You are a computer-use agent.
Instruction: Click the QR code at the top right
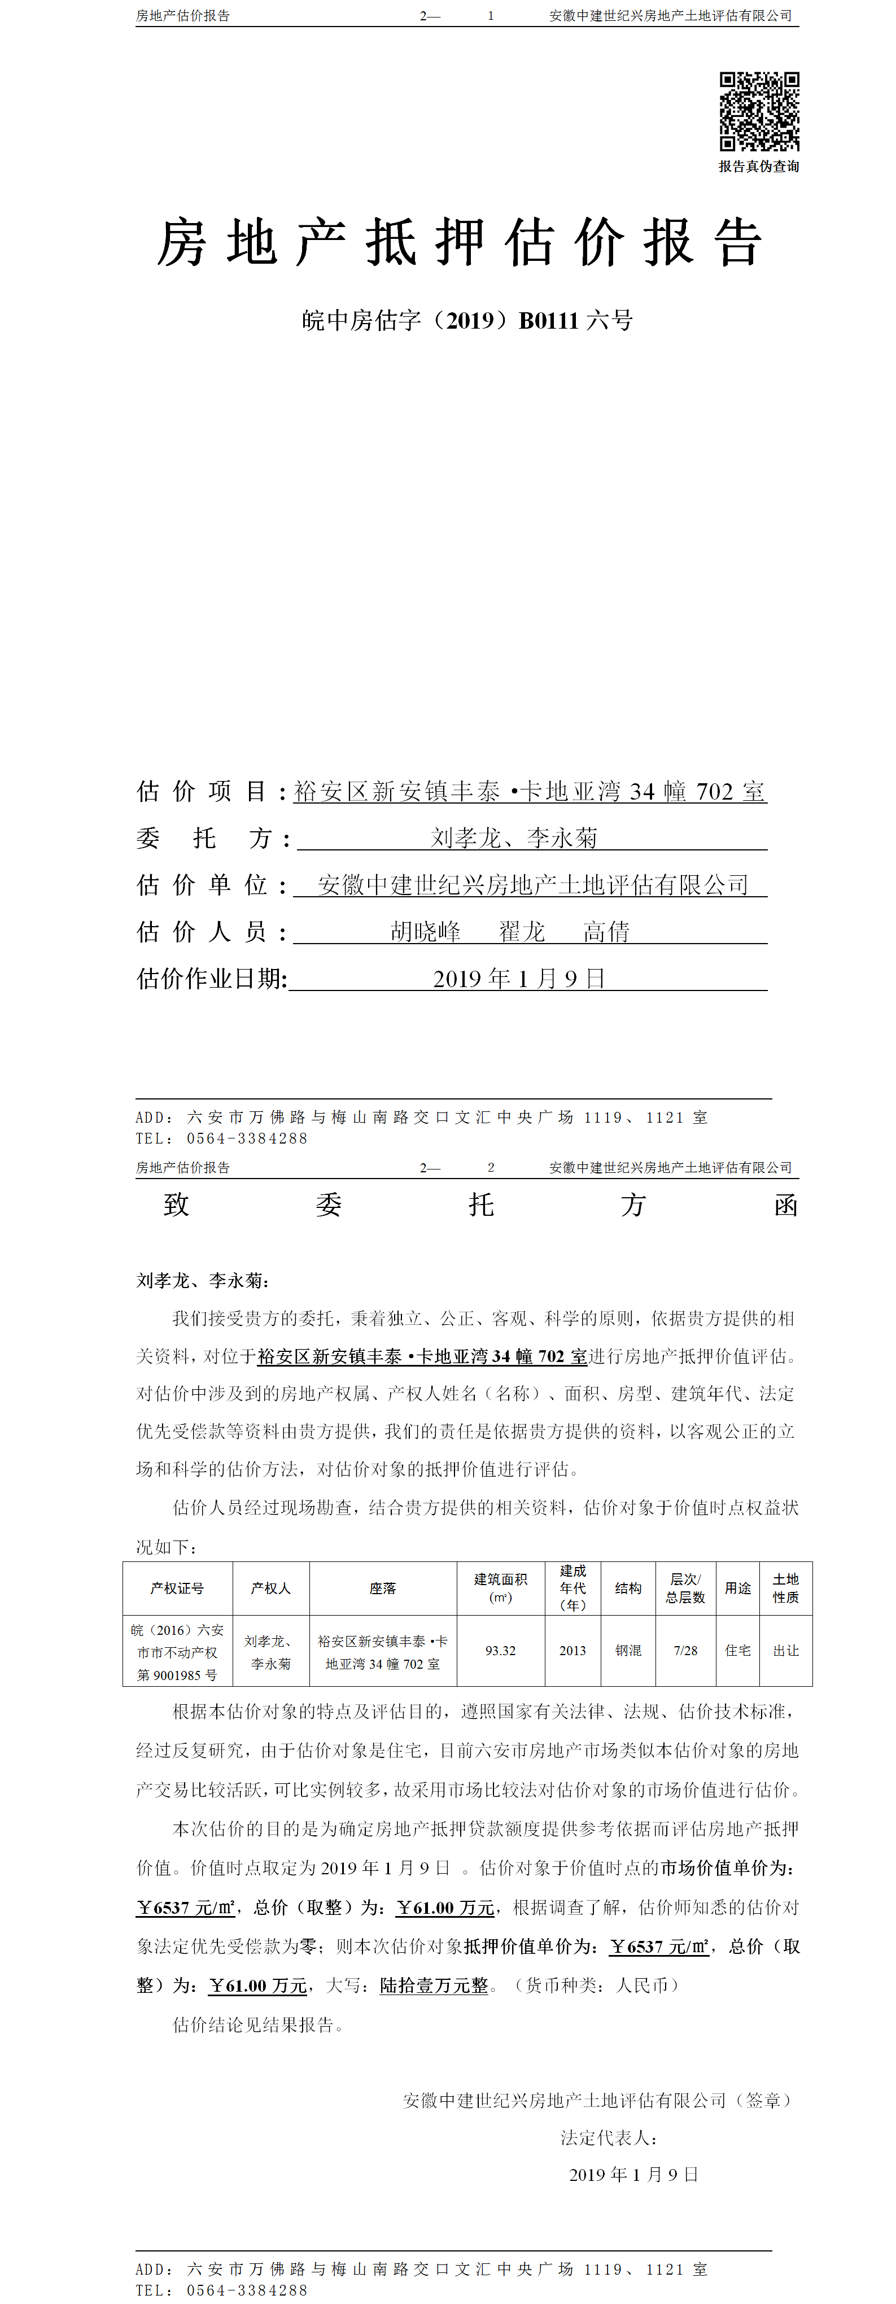759,111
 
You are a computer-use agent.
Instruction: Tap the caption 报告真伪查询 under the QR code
759,167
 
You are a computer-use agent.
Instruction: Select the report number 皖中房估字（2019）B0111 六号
467,320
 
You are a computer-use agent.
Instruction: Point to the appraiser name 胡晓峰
426,932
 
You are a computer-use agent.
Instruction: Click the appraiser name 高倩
606,932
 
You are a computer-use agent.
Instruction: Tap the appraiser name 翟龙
522,932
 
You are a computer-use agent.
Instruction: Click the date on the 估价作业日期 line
519,979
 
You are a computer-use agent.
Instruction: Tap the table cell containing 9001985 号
177,1674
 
